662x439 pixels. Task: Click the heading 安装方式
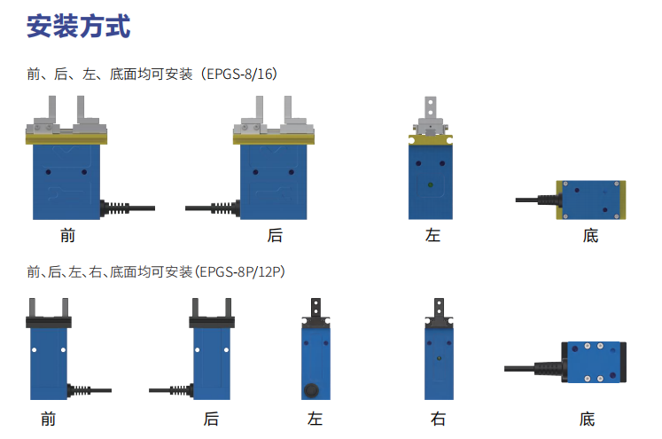click(x=79, y=27)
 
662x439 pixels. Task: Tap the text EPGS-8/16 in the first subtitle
click(x=238, y=74)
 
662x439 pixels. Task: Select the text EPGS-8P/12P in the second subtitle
click(x=239, y=271)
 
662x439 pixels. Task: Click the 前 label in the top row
click(x=67, y=235)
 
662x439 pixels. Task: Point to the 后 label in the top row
click(x=275, y=235)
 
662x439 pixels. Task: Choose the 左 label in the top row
click(x=432, y=235)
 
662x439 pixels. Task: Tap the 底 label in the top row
click(x=590, y=235)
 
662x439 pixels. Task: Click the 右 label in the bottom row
click(x=438, y=419)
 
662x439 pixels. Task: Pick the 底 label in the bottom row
click(x=587, y=419)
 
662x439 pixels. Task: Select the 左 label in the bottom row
click(x=315, y=419)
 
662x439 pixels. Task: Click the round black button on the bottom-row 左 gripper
click(x=312, y=389)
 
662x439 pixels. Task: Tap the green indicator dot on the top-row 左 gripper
click(x=430, y=184)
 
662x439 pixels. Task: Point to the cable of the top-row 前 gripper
click(x=128, y=208)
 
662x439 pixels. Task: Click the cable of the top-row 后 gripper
click(x=213, y=208)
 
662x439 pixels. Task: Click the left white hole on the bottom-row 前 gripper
click(x=35, y=349)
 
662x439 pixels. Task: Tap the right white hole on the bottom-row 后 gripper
click(x=226, y=349)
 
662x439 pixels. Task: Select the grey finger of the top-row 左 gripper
click(x=430, y=107)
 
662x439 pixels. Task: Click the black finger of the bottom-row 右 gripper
click(x=439, y=308)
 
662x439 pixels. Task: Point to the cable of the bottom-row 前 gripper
click(x=90, y=390)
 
